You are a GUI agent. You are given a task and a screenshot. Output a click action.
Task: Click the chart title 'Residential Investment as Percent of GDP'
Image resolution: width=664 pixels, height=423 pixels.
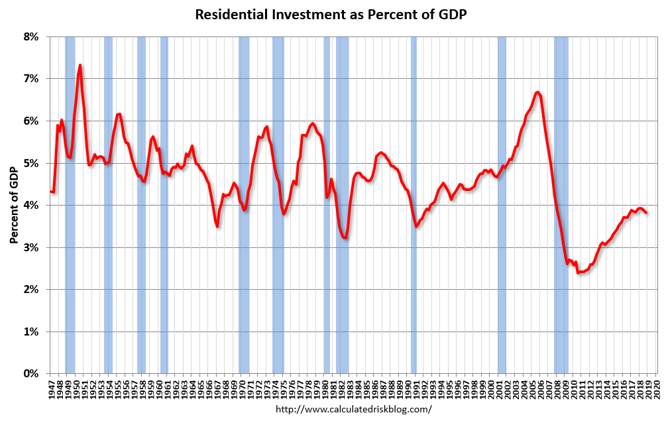(x=331, y=15)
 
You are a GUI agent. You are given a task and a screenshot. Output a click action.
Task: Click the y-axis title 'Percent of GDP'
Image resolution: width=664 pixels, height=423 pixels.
(x=14, y=205)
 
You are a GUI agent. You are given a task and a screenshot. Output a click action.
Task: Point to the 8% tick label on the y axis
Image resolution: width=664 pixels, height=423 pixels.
(x=31, y=36)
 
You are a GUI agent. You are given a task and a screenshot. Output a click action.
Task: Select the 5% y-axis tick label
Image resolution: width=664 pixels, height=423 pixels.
(x=31, y=163)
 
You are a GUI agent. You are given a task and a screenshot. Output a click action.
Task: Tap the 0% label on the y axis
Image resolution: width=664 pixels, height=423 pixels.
(x=31, y=374)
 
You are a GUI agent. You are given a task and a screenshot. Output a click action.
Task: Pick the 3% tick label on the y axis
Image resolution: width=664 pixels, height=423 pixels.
(x=31, y=247)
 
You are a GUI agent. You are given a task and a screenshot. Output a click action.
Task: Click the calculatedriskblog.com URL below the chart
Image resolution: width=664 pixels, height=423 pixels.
(x=353, y=409)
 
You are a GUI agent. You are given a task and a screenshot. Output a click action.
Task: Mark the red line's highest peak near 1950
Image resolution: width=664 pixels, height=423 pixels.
(x=80, y=65)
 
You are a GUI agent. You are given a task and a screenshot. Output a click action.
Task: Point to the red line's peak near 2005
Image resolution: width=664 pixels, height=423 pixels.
(x=537, y=92)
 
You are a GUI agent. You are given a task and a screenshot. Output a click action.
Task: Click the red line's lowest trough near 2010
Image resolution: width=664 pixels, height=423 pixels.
(x=579, y=272)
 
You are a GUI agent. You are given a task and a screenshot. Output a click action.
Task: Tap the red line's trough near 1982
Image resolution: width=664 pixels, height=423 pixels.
(x=345, y=237)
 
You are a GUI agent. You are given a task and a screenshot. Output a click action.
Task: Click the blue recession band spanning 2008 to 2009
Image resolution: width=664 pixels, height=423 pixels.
(x=561, y=199)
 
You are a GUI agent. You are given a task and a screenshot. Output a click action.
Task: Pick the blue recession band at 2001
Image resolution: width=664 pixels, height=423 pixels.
(x=502, y=199)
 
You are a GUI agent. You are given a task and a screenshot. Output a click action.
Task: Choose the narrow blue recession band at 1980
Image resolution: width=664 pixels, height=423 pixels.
(x=327, y=199)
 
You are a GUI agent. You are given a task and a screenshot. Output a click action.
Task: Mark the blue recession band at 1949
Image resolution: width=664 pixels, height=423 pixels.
(x=70, y=199)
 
